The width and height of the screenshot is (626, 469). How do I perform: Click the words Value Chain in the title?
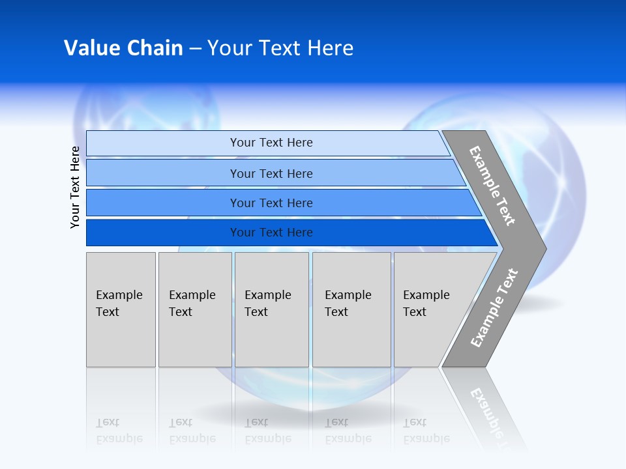(123, 48)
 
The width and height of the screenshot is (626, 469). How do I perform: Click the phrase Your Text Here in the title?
(280, 48)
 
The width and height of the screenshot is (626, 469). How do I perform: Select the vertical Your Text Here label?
(75, 187)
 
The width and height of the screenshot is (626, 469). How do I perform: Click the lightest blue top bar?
(163, 143)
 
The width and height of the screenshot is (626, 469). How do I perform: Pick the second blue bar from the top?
(163, 173)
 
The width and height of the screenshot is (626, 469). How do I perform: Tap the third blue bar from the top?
(163, 203)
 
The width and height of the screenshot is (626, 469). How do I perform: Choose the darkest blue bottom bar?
(163, 233)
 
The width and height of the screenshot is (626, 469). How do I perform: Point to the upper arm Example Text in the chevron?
(492, 186)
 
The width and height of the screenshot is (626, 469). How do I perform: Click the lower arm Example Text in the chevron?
(494, 307)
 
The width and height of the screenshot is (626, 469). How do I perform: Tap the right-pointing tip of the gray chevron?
(541, 248)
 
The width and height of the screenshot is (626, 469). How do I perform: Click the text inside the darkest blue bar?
(271, 233)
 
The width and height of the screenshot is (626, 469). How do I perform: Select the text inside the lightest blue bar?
(271, 143)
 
